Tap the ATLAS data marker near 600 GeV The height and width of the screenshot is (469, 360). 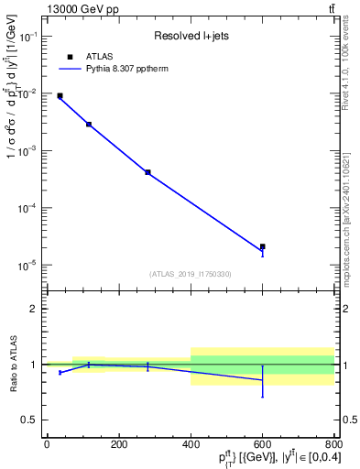tap(263, 246)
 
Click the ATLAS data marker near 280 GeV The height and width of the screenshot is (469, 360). tap(147, 172)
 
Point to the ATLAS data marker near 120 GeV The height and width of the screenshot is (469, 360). tap(89, 124)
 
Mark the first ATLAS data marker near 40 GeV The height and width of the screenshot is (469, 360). tap(60, 95)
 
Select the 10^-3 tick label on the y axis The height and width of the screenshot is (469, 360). tap(27, 150)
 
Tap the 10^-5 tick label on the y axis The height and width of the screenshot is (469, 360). tap(27, 265)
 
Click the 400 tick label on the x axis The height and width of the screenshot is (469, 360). tap(191, 444)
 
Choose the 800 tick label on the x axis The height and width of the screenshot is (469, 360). tap(334, 444)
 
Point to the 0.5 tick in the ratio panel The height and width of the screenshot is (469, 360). tap(31, 420)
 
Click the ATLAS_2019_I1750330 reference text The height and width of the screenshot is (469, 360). tap(190, 274)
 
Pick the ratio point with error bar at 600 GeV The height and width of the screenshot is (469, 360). tap(263, 380)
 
